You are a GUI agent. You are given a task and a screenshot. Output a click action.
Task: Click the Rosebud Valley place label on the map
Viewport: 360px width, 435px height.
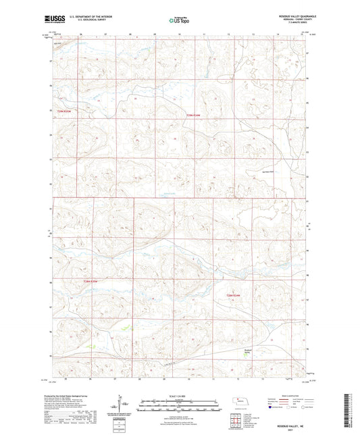tap(247, 351)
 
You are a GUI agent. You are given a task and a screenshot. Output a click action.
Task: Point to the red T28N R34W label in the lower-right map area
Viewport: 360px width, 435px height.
tap(234, 295)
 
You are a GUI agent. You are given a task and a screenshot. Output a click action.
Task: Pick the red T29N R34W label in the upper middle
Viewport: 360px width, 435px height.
tap(193, 115)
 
